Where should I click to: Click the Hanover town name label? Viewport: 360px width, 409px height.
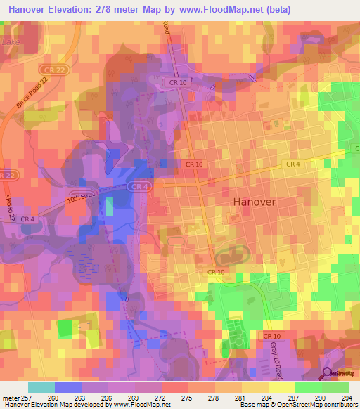255,201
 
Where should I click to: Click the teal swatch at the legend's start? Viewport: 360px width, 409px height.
41,387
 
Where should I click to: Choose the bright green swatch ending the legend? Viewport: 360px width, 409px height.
335,387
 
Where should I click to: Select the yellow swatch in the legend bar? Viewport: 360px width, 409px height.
281,387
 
